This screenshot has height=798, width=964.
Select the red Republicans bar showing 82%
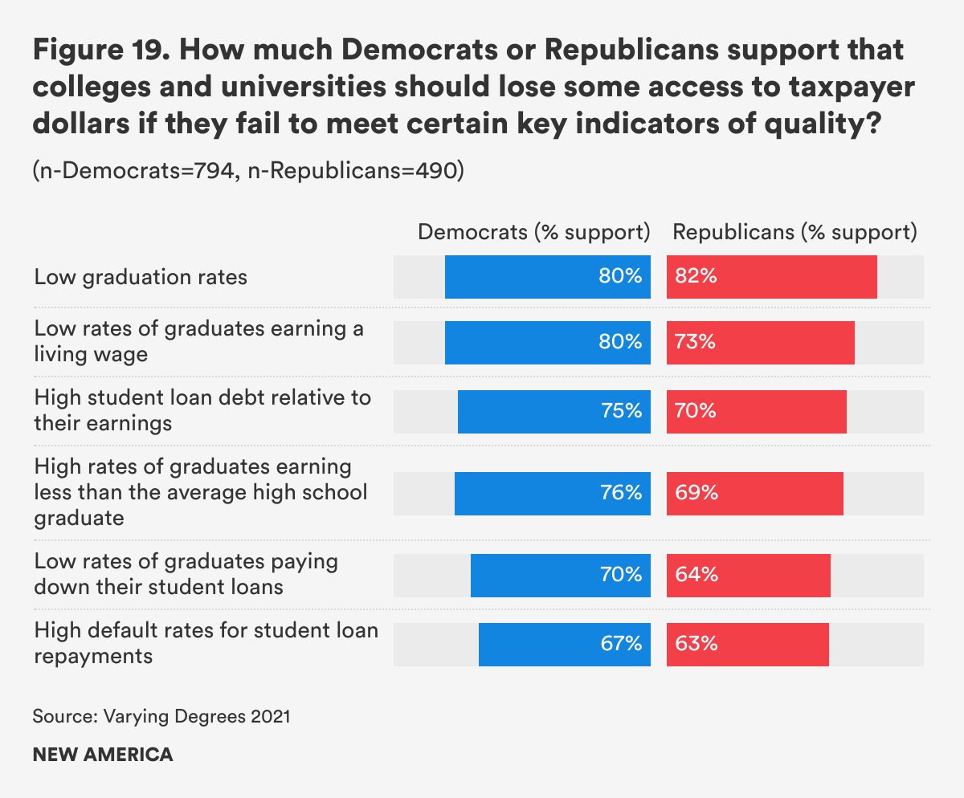[x=771, y=278]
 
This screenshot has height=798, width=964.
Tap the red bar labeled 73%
[x=760, y=343]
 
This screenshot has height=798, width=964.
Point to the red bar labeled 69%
[x=754, y=493]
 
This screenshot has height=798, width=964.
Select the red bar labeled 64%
[x=748, y=575]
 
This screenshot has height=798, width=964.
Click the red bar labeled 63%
[x=747, y=644]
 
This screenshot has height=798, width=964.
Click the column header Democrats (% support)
[x=533, y=233]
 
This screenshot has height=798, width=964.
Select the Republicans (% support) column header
[x=794, y=233]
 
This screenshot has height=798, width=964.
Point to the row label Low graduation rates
[x=141, y=278]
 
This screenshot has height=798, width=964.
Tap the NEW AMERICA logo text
[x=103, y=755]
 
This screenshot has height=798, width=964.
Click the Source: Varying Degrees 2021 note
[x=161, y=716]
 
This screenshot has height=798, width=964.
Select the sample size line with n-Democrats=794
[x=247, y=172]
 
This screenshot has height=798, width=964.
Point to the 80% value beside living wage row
[x=620, y=343]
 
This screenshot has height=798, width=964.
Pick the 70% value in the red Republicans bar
[x=696, y=412]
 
